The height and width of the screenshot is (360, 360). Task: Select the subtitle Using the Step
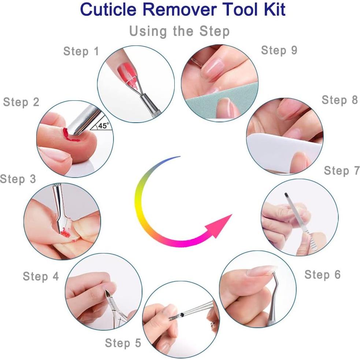[x=179, y=31]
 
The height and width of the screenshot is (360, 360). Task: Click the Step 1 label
[x=81, y=51]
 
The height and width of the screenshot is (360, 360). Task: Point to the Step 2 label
[x=21, y=102]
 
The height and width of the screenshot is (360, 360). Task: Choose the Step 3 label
[x=18, y=179]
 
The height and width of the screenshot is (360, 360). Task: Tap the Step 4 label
[x=41, y=276]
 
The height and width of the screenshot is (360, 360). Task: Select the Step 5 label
[x=123, y=343]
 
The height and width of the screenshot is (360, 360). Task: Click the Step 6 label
[x=322, y=274]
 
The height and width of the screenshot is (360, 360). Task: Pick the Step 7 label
[x=342, y=171]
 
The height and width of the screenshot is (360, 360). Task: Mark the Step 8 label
[x=339, y=100]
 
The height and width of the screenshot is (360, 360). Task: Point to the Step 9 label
[x=279, y=50]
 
